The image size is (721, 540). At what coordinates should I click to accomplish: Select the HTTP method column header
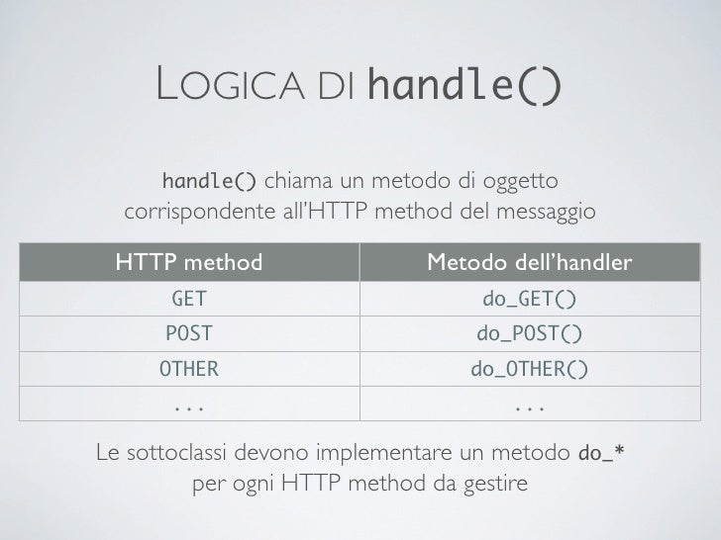pyautogui.click(x=189, y=262)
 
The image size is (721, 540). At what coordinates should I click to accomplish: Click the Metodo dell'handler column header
pyautogui.click(x=529, y=262)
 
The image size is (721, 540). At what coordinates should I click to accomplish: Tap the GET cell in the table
pyautogui.click(x=189, y=299)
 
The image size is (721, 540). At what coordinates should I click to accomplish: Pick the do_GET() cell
pyautogui.click(x=529, y=299)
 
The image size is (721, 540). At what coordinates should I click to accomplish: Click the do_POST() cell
pyautogui.click(x=529, y=334)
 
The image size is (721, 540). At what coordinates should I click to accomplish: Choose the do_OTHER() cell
pyautogui.click(x=529, y=370)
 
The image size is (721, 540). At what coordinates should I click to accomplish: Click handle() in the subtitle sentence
pyautogui.click(x=210, y=182)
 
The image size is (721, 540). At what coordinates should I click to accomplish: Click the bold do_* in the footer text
pyautogui.click(x=600, y=454)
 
